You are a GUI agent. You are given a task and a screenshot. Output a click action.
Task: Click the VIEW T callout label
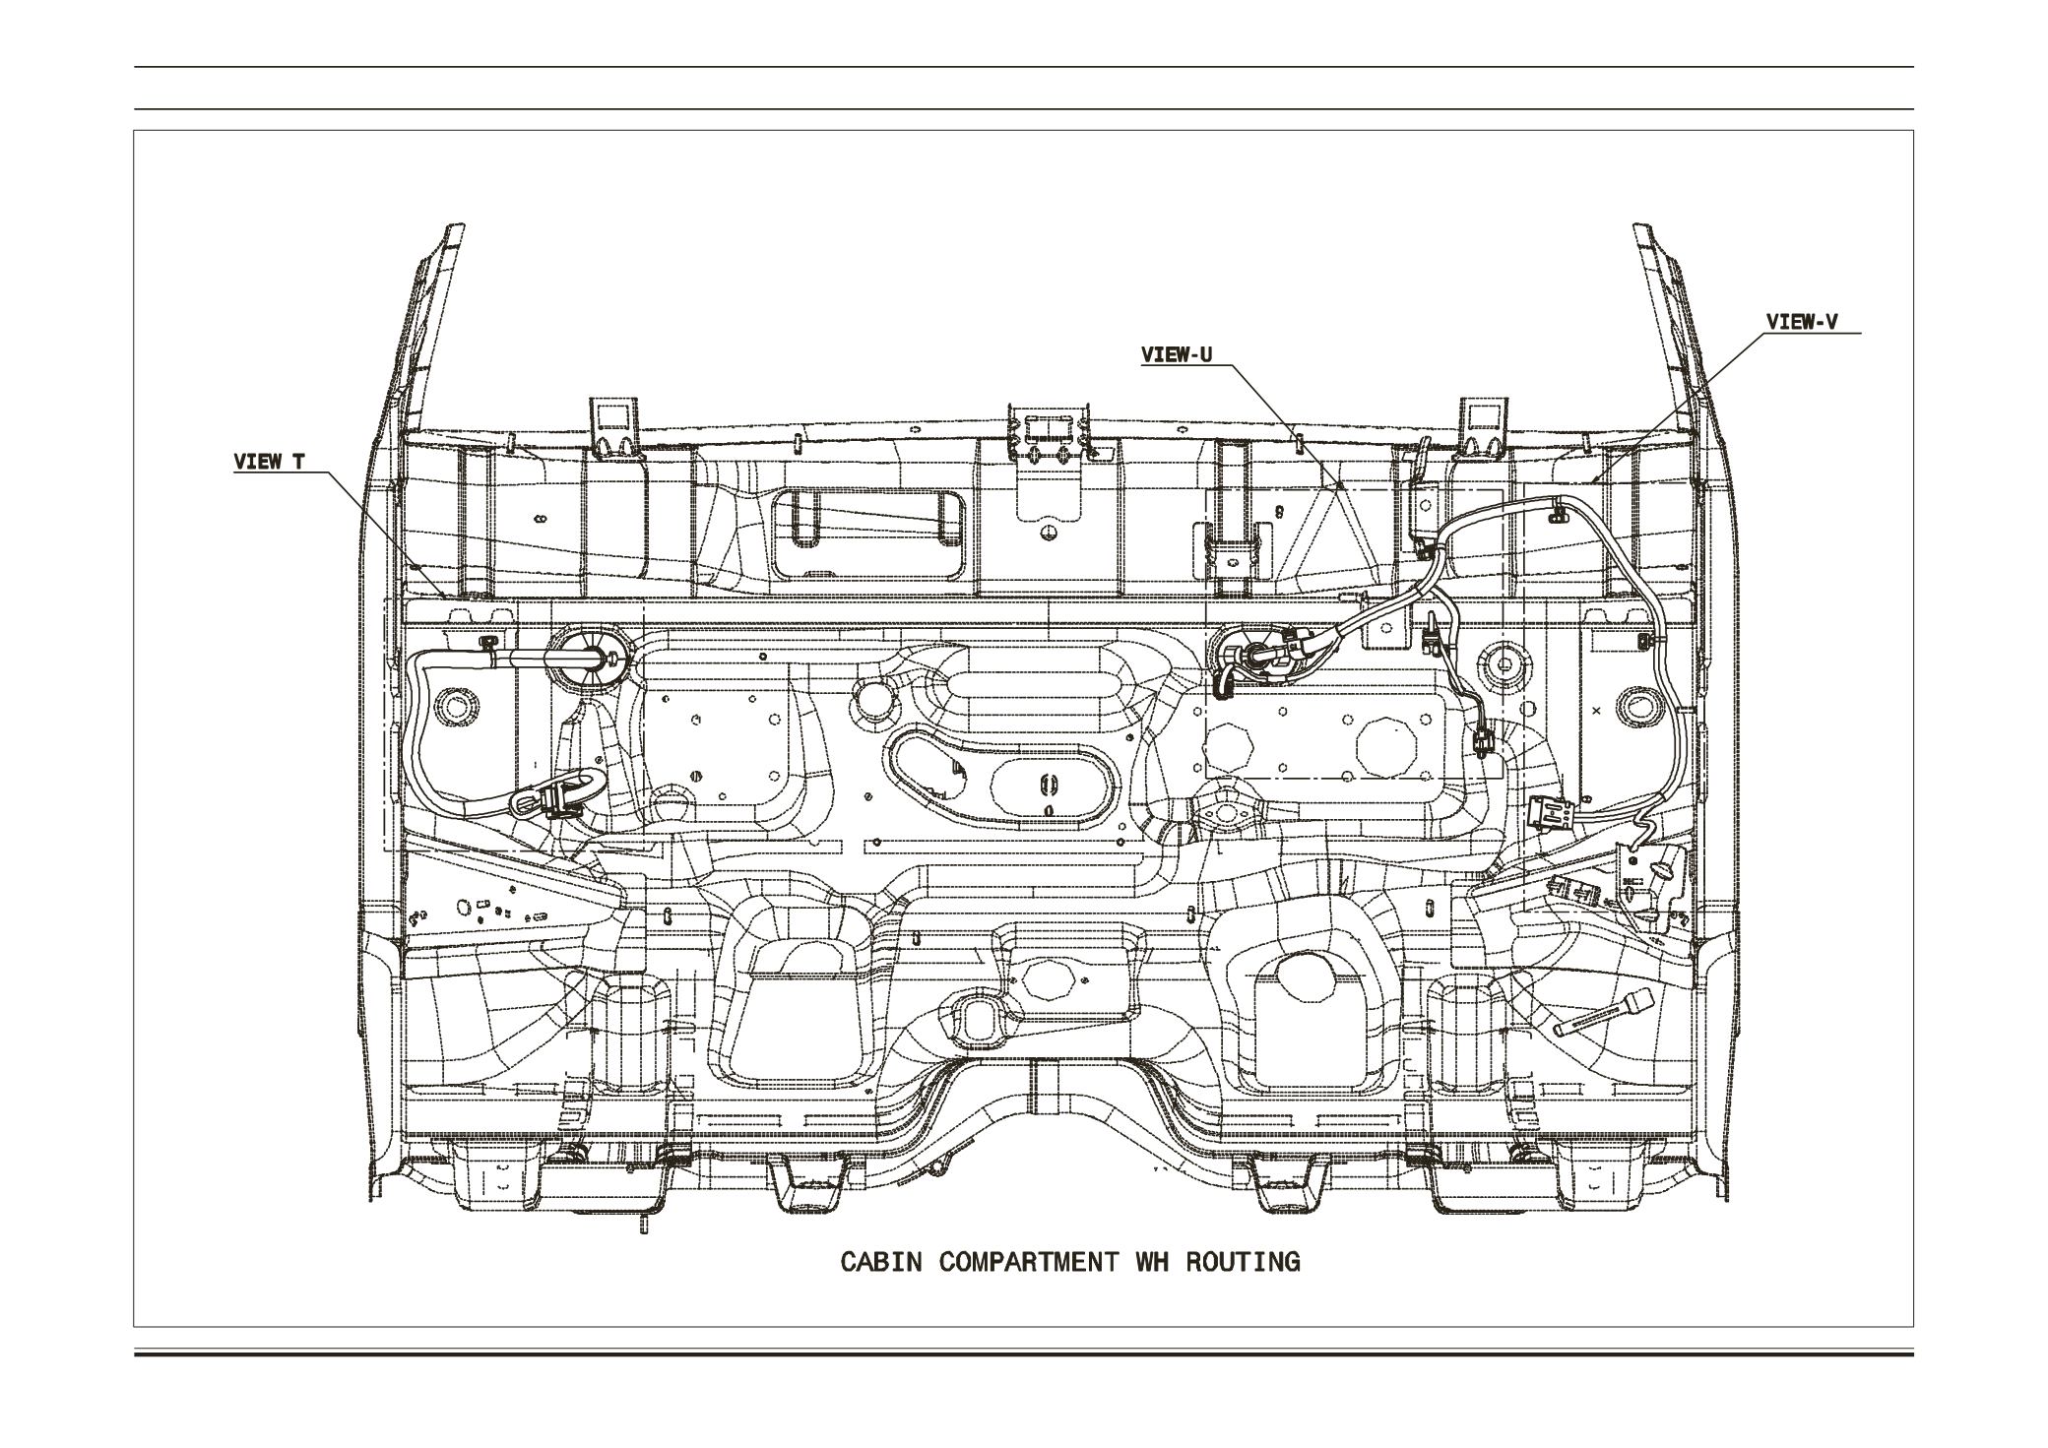point(269,462)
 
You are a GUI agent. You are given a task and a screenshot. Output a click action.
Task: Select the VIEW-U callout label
point(1177,355)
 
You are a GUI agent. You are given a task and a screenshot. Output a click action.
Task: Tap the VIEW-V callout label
point(1801,322)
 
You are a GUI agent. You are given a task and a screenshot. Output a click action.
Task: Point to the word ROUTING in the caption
point(1243,1262)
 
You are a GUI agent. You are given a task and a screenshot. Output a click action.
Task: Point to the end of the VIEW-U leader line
point(1340,485)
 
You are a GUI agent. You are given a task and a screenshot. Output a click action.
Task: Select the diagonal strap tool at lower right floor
point(1599,1014)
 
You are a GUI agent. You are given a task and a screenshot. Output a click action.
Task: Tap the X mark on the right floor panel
point(1596,710)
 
